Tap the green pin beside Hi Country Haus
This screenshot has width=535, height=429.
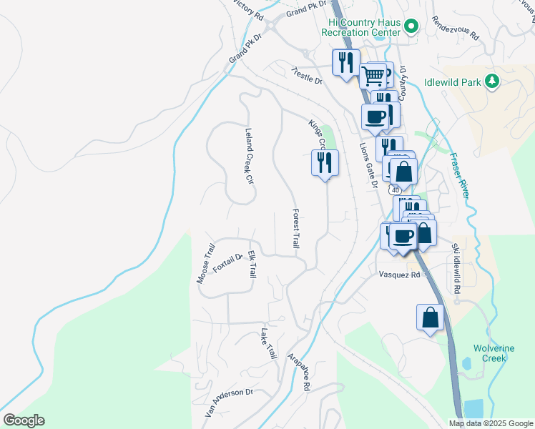[411, 27]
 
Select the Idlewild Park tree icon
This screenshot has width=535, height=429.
[491, 82]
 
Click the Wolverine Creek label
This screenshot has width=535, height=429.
[494, 353]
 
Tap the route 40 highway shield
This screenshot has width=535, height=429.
[395, 191]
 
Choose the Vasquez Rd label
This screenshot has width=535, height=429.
[398, 274]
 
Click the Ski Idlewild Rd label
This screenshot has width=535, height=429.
[455, 268]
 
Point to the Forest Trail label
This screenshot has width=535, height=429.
[295, 229]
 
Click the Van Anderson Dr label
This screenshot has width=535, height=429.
[230, 403]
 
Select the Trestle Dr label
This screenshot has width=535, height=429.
[307, 76]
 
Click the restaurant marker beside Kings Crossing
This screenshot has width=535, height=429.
[325, 163]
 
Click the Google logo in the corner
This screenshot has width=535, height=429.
[23, 420]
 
